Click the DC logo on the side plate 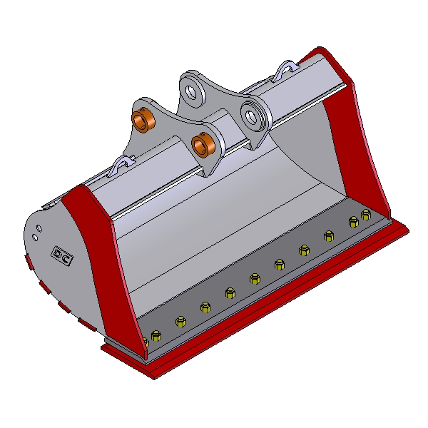[x=62, y=255]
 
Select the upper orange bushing [x=143, y=120]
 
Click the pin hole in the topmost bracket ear [x=191, y=92]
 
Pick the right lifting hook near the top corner [x=287, y=69]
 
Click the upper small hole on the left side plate [x=39, y=228]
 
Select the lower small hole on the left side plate [x=35, y=238]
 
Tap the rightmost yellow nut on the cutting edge [x=366, y=215]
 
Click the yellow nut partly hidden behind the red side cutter [x=146, y=342]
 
